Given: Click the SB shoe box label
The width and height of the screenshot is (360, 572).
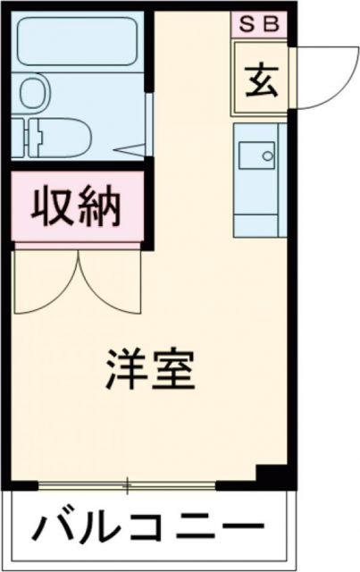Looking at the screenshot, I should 260,23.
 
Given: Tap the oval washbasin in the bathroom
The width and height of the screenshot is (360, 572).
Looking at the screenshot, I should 35,92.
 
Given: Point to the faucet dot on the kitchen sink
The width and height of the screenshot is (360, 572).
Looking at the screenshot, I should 267,156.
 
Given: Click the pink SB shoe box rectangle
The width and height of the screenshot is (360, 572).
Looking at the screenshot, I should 260,23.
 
